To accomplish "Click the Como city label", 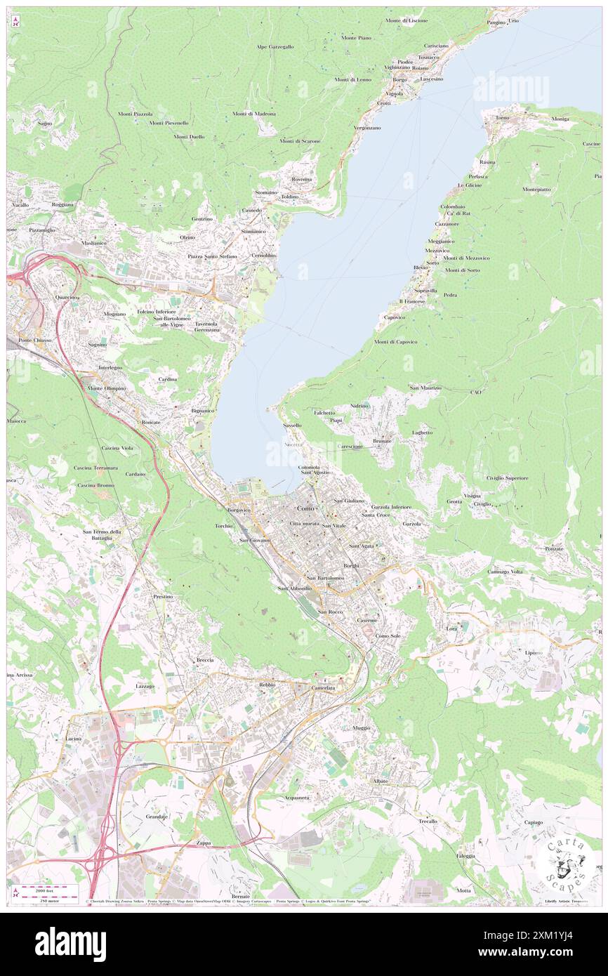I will tap(305, 508).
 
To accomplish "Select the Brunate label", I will tap(382, 440).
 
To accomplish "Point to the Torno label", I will tap(502, 117).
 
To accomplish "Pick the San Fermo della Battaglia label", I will tap(103, 535).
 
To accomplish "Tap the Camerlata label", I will tap(324, 688).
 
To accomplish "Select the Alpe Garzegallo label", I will tap(275, 46).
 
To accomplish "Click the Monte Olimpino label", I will tap(106, 388).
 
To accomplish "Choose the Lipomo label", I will tap(534, 652).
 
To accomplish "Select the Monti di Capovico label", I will tap(396, 342).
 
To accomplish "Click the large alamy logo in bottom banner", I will tap(70, 944).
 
